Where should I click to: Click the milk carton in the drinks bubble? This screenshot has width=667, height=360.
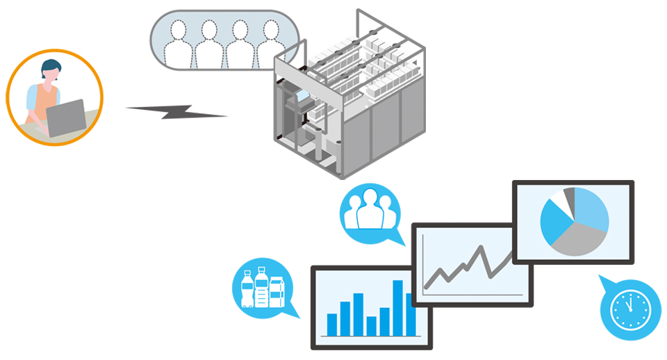point(277,291)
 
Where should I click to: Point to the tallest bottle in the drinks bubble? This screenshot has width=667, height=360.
point(261,288)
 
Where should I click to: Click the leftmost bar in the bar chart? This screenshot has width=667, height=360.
point(332,324)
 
